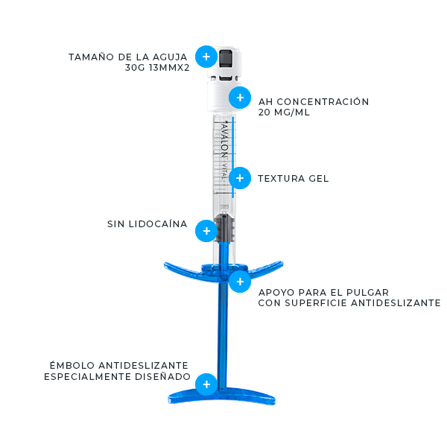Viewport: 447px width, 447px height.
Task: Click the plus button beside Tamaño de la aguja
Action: click(206, 57)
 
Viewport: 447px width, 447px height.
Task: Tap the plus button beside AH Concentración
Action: click(240, 98)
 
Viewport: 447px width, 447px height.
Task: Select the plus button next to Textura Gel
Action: click(240, 178)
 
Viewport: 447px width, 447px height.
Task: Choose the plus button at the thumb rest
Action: click(240, 282)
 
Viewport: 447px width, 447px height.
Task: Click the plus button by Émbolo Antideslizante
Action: click(206, 384)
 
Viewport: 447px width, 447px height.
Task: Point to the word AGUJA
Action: click(170, 57)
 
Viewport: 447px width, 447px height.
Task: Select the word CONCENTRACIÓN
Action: click(323, 101)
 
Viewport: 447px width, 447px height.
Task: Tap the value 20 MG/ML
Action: click(284, 112)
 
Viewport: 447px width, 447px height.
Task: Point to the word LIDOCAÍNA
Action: click(158, 223)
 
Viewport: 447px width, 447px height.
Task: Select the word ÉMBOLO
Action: click(72, 365)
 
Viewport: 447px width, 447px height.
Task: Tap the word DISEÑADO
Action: click(162, 376)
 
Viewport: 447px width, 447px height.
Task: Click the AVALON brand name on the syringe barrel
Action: click(225, 140)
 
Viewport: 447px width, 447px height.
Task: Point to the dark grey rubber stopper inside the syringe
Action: click(225, 227)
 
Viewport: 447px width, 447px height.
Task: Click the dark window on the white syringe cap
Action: click(226, 60)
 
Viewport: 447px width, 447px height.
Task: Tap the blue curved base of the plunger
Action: click(222, 396)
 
